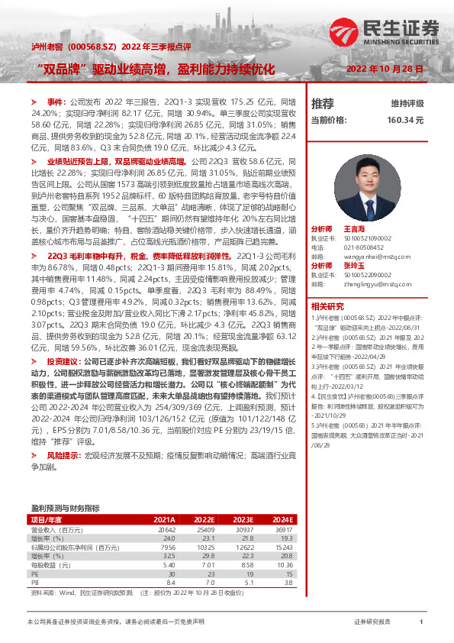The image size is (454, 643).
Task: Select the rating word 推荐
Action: tap(323, 103)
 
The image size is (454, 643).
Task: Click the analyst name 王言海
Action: tap(355, 207)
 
